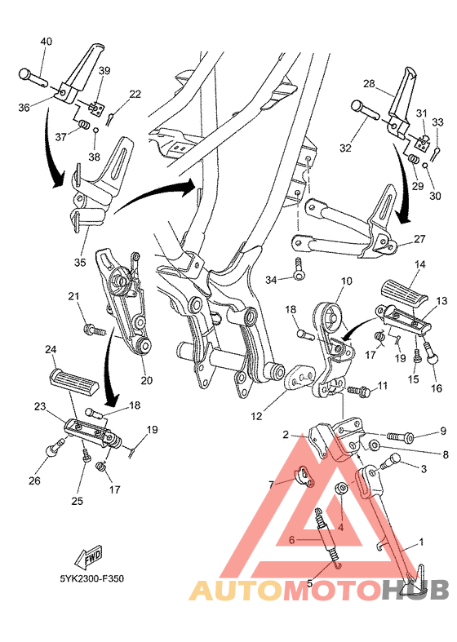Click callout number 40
[46, 42]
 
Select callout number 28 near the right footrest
[368, 84]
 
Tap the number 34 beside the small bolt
[272, 280]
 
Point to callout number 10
[346, 281]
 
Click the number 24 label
[50, 350]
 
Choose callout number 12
[256, 416]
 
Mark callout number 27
[419, 239]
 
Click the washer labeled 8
[372, 445]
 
